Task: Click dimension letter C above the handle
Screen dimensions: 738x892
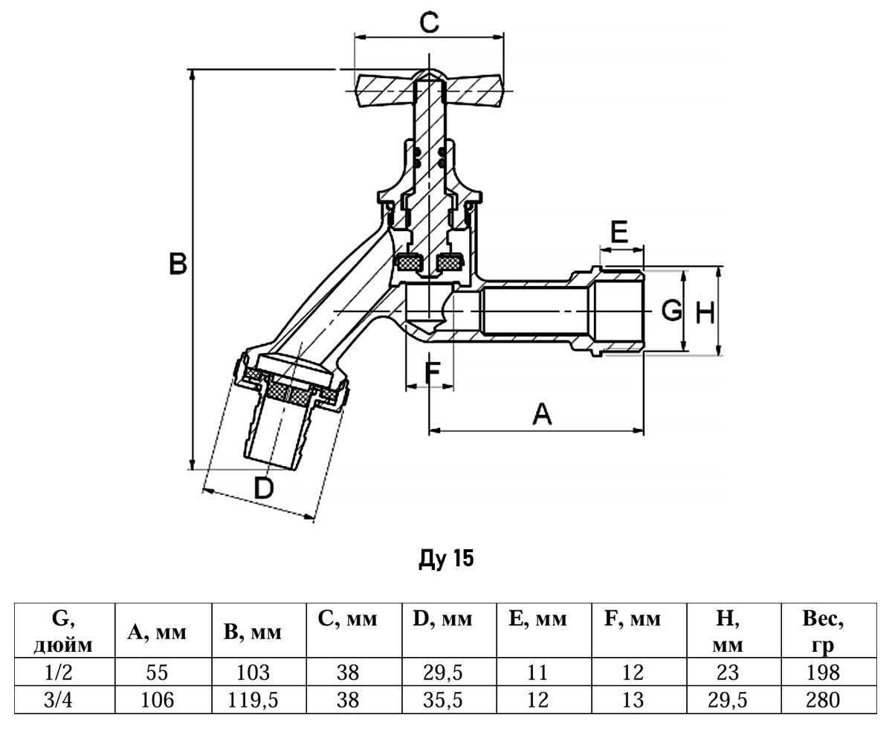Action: [429, 22]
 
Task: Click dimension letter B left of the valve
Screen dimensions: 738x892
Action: [177, 263]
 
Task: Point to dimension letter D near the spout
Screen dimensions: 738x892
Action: [264, 488]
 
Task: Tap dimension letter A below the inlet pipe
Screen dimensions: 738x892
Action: [543, 414]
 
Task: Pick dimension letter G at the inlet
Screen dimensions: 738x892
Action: [671, 310]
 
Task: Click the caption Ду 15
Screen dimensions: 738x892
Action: [446, 558]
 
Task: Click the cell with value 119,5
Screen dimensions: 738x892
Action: [253, 699]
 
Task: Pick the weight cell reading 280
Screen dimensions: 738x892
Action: [822, 699]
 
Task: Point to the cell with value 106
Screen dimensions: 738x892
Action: [157, 699]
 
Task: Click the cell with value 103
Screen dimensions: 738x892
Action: [253, 673]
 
